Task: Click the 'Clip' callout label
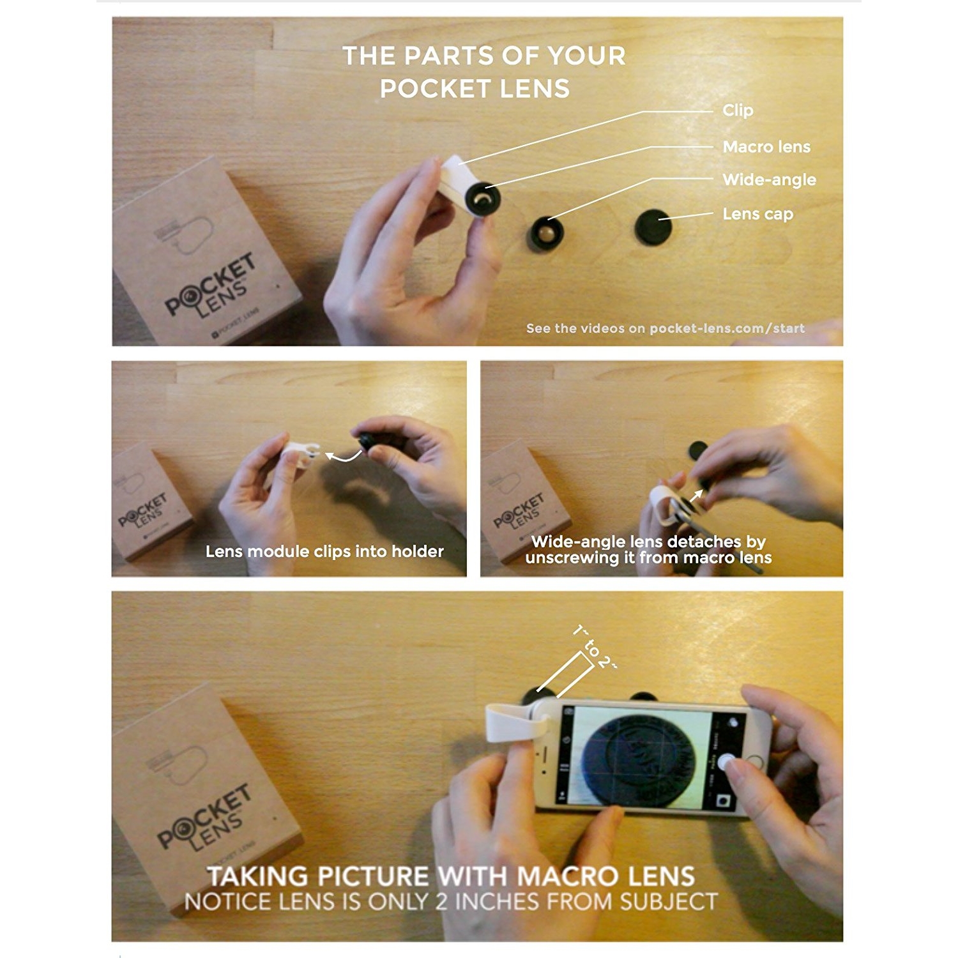point(738,110)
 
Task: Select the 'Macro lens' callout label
point(766,147)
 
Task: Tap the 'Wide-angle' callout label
point(769,179)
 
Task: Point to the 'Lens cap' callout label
point(757,214)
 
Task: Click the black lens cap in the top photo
point(653,227)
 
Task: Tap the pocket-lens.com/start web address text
point(727,328)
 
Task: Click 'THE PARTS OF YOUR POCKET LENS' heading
point(483,72)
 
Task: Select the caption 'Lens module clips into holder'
point(324,551)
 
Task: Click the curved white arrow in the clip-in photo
point(343,456)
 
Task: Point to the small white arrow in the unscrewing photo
point(697,495)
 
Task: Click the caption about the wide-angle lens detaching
point(648,550)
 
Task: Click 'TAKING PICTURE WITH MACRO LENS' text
point(450,876)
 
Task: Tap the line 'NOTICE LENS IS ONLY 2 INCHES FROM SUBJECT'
point(450,902)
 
